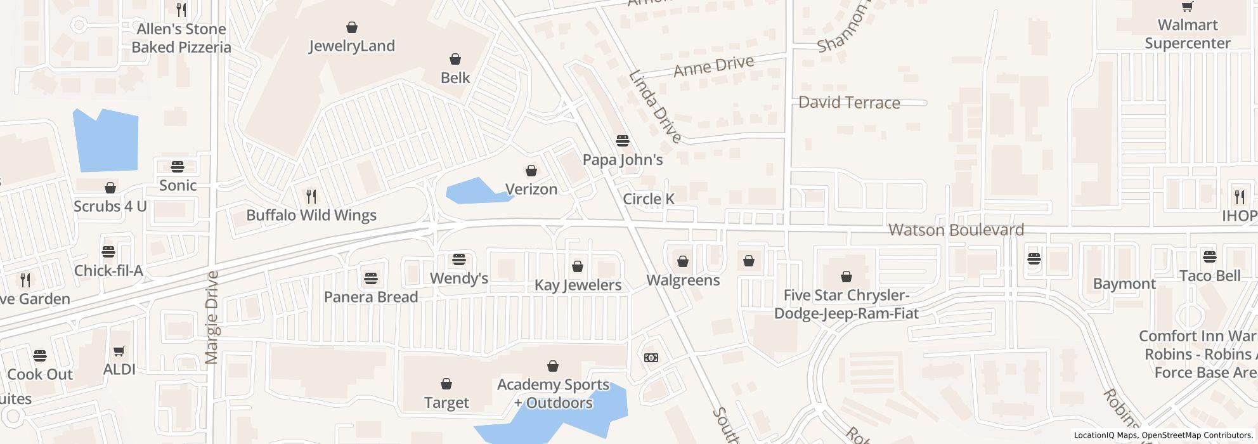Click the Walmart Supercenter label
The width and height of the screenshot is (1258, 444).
(1187, 34)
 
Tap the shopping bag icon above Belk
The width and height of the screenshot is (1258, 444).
(455, 60)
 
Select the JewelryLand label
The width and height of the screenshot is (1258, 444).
(351, 46)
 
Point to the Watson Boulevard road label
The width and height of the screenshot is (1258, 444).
(956, 230)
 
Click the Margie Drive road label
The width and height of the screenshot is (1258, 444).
(212, 317)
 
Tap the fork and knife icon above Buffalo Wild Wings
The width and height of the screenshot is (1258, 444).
(311, 197)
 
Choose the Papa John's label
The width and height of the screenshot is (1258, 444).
(622, 160)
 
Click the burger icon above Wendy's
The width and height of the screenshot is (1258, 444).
(458, 259)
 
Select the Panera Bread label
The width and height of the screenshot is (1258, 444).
(370, 297)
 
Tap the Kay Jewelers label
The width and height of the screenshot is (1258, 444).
(578, 285)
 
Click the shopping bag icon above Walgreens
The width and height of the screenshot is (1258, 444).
(683, 261)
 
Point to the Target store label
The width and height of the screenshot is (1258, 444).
(446, 403)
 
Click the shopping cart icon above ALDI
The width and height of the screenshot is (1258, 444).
(119, 351)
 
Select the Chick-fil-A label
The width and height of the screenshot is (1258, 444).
(108, 271)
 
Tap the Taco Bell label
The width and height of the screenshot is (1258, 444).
(1210, 276)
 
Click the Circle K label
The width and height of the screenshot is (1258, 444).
(648, 199)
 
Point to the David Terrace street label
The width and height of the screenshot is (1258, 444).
(849, 103)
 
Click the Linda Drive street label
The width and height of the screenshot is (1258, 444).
(655, 107)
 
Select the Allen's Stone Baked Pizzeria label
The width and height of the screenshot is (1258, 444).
(181, 38)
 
